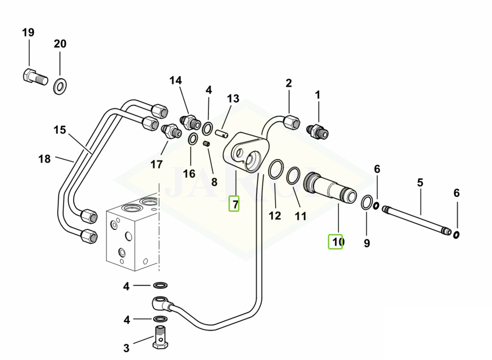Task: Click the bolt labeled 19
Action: [x=35, y=77]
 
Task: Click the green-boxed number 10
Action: [x=336, y=242]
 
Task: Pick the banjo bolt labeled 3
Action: [x=160, y=337]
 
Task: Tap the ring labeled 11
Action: [x=293, y=176]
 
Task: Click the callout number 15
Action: [x=60, y=130]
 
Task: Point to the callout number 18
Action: [x=45, y=159]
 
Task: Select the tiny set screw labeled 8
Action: [x=206, y=145]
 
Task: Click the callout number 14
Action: [x=175, y=80]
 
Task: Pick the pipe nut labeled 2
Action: [x=291, y=121]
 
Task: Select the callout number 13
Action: [x=233, y=98]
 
